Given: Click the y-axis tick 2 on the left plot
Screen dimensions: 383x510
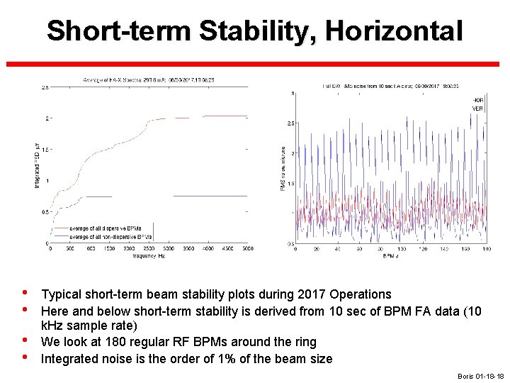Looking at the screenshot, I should (46, 118).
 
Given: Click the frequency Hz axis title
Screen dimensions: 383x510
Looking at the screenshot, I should (147, 255).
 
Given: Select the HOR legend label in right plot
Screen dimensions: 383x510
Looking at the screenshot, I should (478, 99).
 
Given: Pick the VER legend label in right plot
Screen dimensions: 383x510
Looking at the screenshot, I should (478, 108).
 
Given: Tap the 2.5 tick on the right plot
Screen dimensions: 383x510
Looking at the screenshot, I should (290, 123).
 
